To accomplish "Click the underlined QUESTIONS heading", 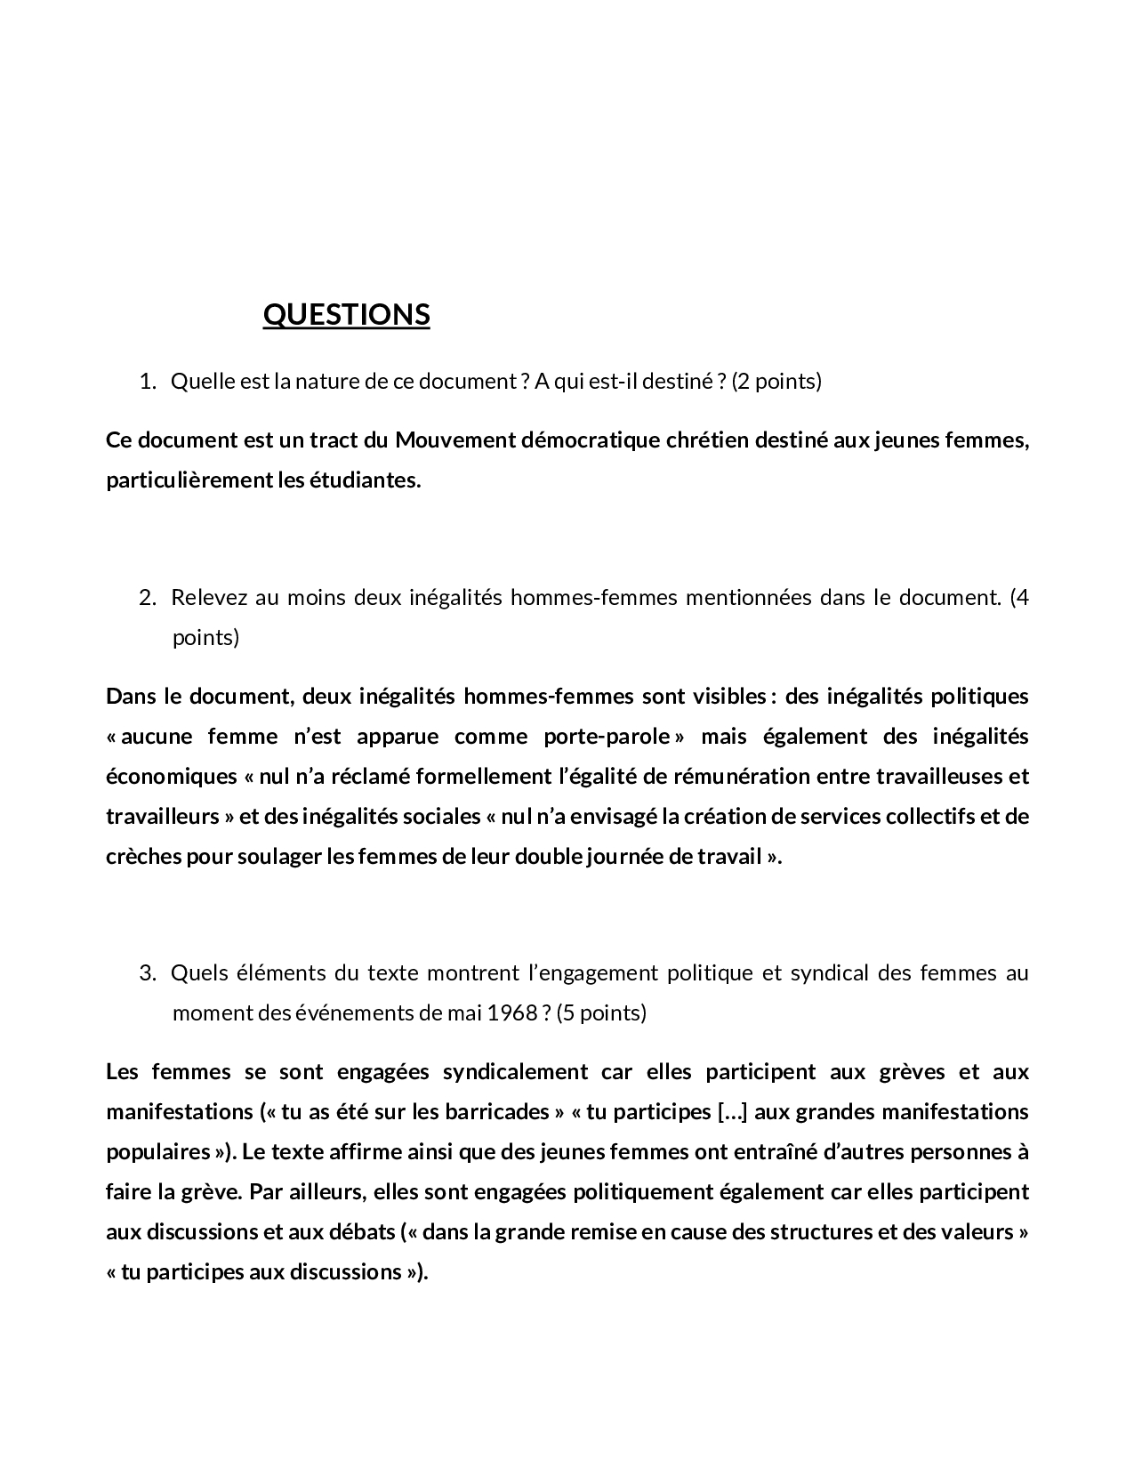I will (x=346, y=314).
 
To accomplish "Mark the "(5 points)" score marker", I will (x=601, y=1012).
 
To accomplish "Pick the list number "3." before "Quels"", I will (x=148, y=972).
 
